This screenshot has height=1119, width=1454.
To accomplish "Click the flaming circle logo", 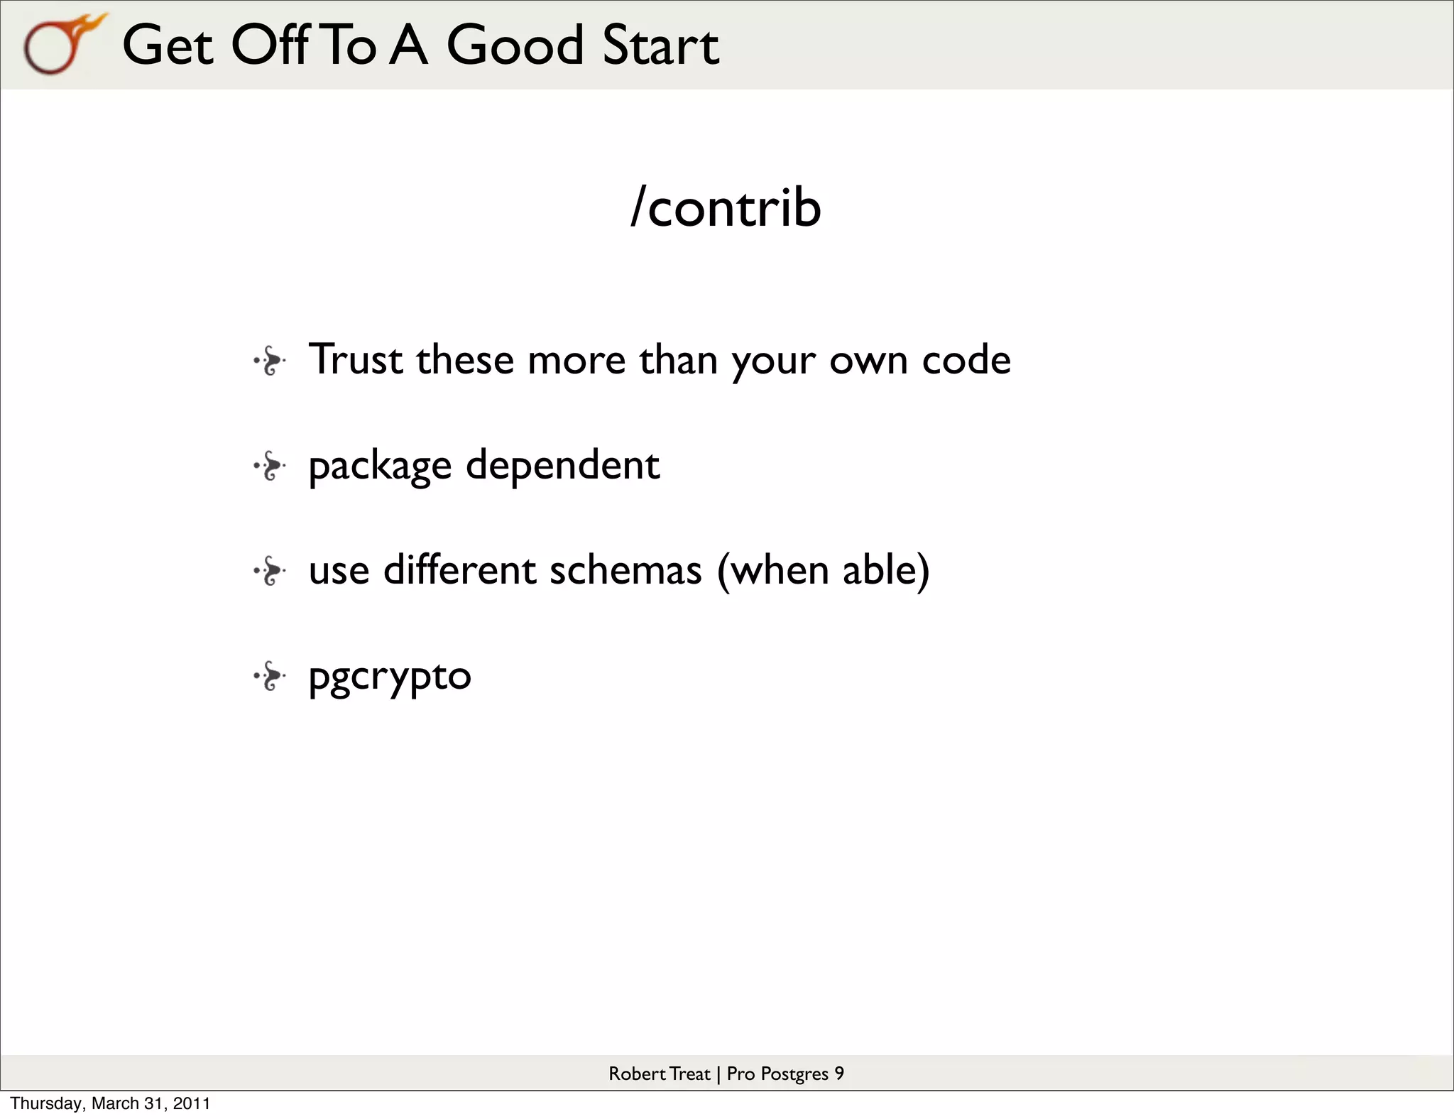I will pyautogui.click(x=60, y=44).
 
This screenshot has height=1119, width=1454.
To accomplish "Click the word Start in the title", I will pyautogui.click(x=660, y=45).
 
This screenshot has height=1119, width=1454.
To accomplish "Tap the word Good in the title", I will pyautogui.click(x=514, y=45).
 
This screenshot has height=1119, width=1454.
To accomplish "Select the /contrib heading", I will pyautogui.click(x=726, y=207).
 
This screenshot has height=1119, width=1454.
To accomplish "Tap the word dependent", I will pyautogui.click(x=562, y=466).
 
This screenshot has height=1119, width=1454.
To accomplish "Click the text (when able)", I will pyautogui.click(x=823, y=570).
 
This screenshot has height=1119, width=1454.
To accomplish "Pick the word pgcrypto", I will pyautogui.click(x=390, y=677).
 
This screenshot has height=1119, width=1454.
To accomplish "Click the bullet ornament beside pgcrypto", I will pyautogui.click(x=270, y=676).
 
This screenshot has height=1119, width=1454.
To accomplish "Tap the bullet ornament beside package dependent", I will pyautogui.click(x=270, y=466).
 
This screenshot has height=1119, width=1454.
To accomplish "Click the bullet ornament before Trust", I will pyautogui.click(x=270, y=361).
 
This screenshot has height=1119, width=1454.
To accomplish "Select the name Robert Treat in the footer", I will pyautogui.click(x=659, y=1074).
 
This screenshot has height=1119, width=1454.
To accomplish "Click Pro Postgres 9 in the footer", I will pyautogui.click(x=785, y=1074).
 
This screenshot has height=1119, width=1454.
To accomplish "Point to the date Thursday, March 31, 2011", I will pyautogui.click(x=110, y=1103).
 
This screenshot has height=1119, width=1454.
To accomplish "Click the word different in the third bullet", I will pyautogui.click(x=459, y=570).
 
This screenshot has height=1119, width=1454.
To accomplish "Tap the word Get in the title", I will pyautogui.click(x=168, y=45).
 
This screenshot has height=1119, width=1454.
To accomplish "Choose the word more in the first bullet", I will pyautogui.click(x=576, y=360).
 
